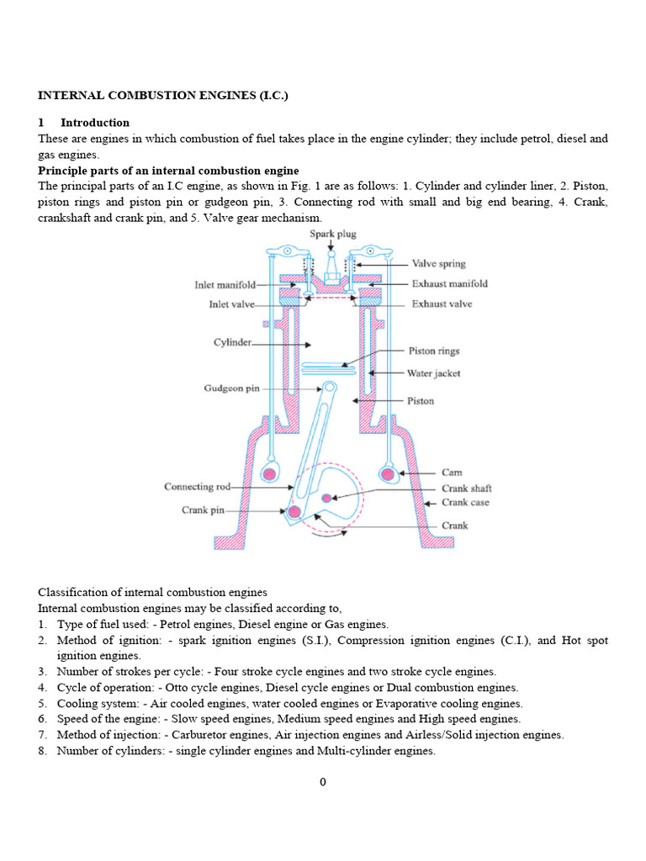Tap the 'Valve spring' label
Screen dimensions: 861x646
pyautogui.click(x=437, y=263)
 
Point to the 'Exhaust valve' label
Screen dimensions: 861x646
pyautogui.click(x=442, y=304)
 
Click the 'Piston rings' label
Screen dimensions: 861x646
pyautogui.click(x=433, y=351)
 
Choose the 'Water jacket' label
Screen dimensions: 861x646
pyautogui.click(x=434, y=373)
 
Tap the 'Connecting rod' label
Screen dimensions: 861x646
pyautogui.click(x=197, y=487)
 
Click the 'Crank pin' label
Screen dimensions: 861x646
pyautogui.click(x=204, y=510)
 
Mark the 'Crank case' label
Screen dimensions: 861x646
pyautogui.click(x=465, y=503)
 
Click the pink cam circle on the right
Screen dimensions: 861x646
pyautogui.click(x=388, y=474)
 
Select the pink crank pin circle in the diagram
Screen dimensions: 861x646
pyautogui.click(x=294, y=510)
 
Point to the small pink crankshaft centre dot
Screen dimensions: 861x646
pyautogui.click(x=326, y=499)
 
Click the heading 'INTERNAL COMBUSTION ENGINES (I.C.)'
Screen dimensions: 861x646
pyautogui.click(x=163, y=96)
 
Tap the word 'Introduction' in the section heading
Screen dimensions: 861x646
pyautogui.click(x=95, y=123)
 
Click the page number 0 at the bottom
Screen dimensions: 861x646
pyautogui.click(x=323, y=782)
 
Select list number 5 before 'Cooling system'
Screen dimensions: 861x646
pyautogui.click(x=42, y=704)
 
